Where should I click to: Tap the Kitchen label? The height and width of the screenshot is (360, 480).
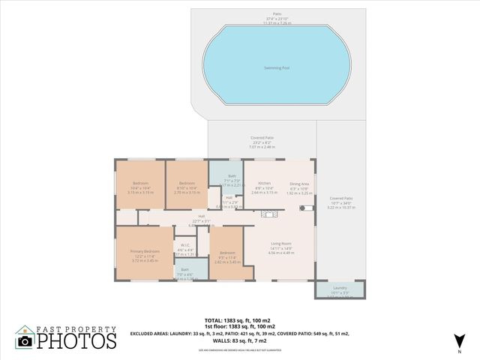(265, 183)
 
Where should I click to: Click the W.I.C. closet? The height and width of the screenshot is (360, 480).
(184, 250)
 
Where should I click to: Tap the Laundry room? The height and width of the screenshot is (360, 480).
(340, 289)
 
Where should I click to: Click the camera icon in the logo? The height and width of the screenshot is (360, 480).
(24, 341)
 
